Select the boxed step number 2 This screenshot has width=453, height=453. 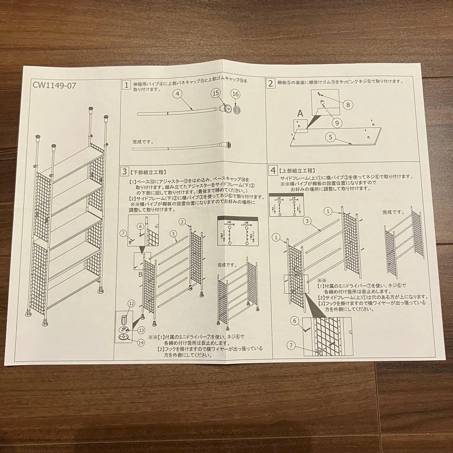click(x=271, y=83)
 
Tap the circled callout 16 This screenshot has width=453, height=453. click(x=235, y=95)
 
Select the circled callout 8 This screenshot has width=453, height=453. click(x=347, y=105)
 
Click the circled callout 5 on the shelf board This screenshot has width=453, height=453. click(x=331, y=136)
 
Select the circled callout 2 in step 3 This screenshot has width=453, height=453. click(x=182, y=221)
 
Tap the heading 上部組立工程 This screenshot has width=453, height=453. click(x=297, y=171)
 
